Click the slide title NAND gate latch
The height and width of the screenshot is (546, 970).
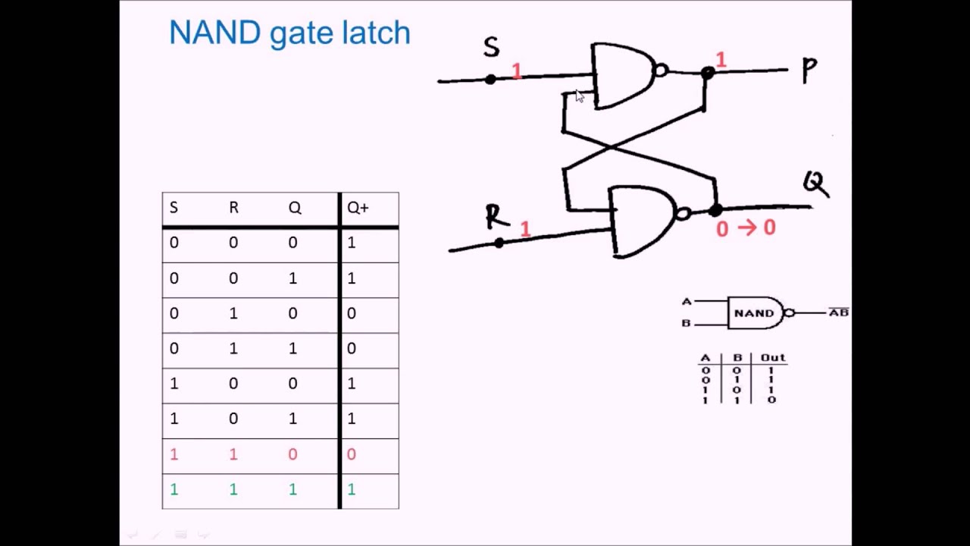(289, 33)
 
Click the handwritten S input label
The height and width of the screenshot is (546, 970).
(491, 48)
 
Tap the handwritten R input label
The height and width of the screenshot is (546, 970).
(496, 217)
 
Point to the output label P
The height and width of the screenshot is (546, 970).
(809, 71)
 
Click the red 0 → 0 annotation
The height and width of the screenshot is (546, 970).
(745, 228)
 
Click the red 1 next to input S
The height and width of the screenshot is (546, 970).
(517, 71)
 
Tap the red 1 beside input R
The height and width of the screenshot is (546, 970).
(525, 228)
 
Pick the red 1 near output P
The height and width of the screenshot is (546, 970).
(721, 60)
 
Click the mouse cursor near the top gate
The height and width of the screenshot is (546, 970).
(580, 96)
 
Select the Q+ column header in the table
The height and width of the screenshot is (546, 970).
(358, 208)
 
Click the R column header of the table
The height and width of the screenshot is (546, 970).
(233, 208)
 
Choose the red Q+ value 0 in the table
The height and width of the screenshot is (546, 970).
(351, 454)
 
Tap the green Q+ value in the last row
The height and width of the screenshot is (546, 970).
(351, 490)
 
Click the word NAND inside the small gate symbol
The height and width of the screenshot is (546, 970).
(753, 312)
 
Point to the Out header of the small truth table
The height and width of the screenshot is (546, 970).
(773, 357)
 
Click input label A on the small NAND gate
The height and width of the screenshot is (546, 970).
(687, 301)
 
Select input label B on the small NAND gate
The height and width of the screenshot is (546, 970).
(687, 323)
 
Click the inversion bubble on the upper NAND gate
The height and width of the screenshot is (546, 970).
(660, 71)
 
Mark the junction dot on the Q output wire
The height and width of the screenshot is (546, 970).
(715, 210)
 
